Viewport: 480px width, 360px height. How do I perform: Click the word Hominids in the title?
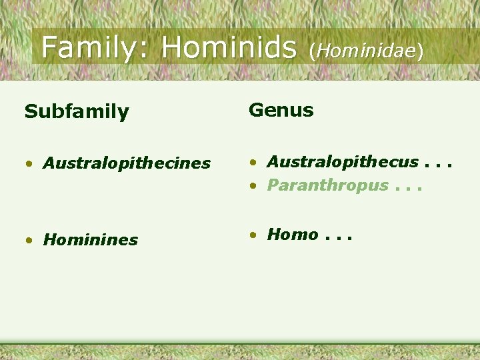[229, 47]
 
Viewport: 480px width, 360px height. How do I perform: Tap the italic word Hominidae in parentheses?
[366, 51]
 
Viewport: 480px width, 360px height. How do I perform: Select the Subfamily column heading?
[77, 112]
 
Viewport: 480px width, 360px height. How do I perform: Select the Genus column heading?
[281, 110]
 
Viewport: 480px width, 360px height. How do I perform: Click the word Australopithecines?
[127, 163]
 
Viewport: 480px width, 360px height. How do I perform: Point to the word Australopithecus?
[343, 162]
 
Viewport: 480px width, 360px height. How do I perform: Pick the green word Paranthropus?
[327, 185]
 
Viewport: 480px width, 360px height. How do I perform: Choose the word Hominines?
[91, 240]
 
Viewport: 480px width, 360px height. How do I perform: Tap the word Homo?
[293, 234]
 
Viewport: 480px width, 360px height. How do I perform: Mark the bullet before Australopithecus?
[253, 163]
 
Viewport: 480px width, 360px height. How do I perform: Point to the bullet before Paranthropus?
[253, 186]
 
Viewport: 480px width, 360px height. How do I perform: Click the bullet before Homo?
[253, 235]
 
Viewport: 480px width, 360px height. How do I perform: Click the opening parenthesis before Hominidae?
[312, 51]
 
